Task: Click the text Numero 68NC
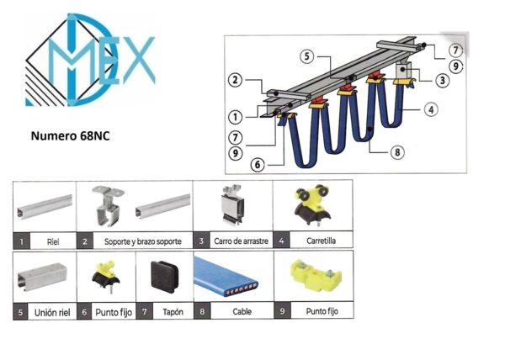tap(70, 135)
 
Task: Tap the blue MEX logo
tap(90, 61)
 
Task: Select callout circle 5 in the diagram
tap(306, 56)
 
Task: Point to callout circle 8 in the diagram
tap(397, 152)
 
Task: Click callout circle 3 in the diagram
tap(442, 80)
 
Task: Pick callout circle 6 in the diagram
tap(258, 165)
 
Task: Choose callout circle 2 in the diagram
tap(235, 80)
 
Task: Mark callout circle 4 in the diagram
tap(431, 109)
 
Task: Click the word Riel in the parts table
tap(53, 241)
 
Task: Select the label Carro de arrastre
tap(241, 241)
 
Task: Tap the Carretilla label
tap(322, 241)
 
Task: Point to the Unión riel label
tap(52, 312)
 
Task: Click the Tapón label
tap(173, 312)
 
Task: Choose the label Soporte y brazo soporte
tap(143, 241)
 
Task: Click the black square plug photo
tap(164, 276)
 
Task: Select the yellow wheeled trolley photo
tap(311, 204)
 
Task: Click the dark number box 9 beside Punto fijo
tap(282, 311)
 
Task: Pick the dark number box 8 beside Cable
tap(202, 311)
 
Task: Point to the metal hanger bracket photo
tap(107, 205)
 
